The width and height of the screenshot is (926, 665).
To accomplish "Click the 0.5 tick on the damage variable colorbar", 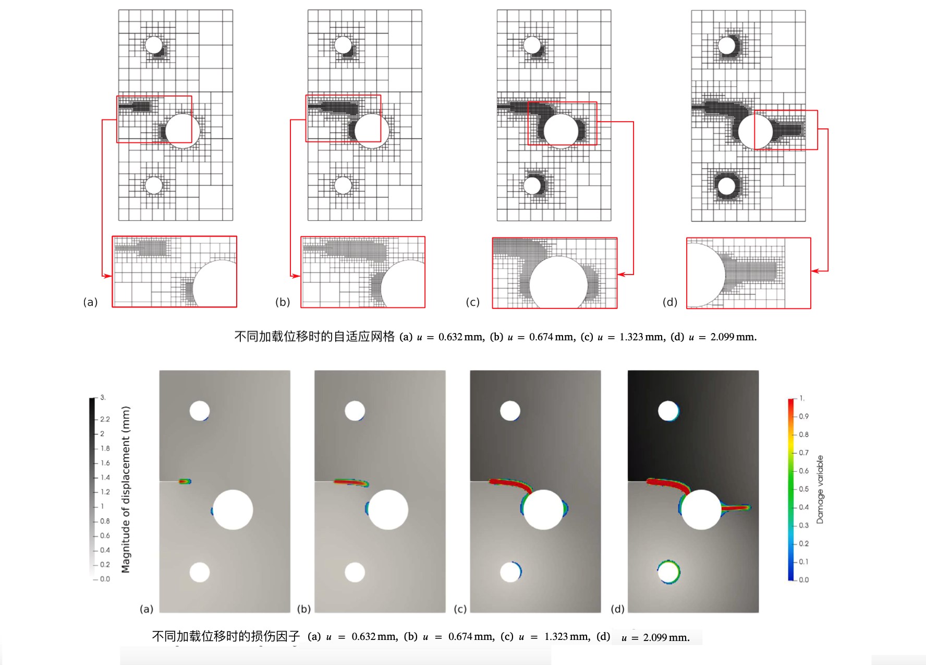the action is tap(803, 489).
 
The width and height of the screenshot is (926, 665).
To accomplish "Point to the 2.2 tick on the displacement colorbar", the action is tap(105, 419).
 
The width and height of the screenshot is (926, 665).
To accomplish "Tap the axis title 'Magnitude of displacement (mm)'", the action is tap(126, 490).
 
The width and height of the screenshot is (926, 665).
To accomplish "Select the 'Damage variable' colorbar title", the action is tap(820, 489).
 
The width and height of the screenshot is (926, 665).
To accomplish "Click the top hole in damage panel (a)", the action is tap(200, 411).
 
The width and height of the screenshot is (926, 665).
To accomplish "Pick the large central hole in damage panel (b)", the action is tap(388, 510).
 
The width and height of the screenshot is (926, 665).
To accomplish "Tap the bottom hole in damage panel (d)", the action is tap(669, 572).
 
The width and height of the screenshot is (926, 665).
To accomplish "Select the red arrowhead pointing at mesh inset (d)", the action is tap(815, 271).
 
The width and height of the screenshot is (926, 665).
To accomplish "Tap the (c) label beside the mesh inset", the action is tap(472, 302).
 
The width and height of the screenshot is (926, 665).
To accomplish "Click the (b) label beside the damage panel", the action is tap(303, 609).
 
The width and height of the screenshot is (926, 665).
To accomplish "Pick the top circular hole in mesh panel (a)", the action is tap(154, 45).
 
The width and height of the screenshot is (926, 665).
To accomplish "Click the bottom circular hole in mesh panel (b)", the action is tap(343, 185).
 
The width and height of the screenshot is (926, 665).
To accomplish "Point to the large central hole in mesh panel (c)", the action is tap(561, 130).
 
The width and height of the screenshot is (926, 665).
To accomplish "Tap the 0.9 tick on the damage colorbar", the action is tap(803, 417).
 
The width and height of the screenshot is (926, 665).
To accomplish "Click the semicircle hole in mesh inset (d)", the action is tap(706, 275).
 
